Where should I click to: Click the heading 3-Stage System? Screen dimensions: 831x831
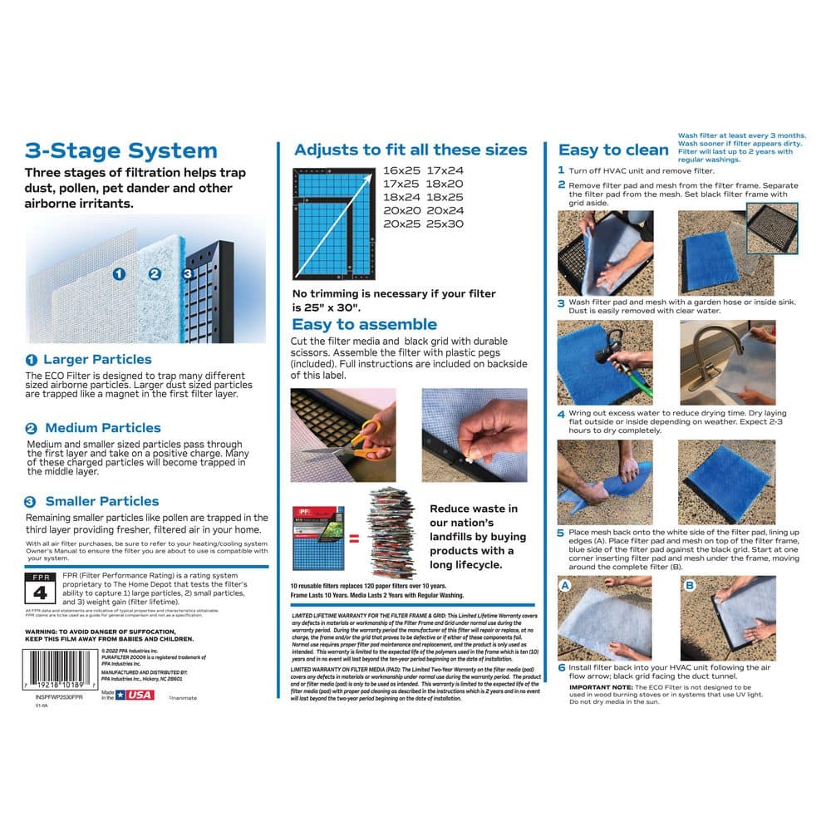click(120, 151)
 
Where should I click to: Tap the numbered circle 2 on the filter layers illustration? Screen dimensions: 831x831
click(154, 273)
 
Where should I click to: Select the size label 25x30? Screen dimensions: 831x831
click(445, 224)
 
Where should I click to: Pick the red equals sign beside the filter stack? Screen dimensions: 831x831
click(354, 538)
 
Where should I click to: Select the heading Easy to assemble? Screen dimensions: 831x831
click(364, 324)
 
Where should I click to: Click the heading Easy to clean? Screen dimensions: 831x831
click(613, 150)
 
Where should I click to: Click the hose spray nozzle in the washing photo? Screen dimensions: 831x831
click(613, 342)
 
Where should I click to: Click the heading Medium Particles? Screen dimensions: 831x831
click(102, 428)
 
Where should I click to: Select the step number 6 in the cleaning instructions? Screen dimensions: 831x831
click(562, 667)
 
